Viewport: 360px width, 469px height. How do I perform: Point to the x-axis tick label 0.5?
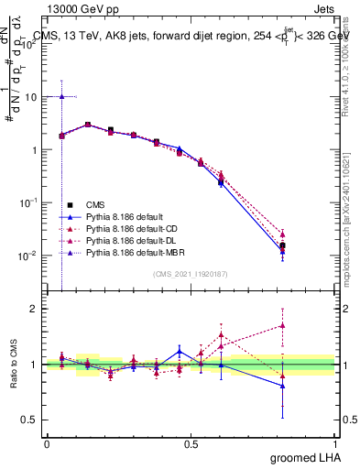(191, 442)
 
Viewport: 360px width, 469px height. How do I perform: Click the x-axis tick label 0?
(47, 442)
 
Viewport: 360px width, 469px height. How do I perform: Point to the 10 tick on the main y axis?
(31, 96)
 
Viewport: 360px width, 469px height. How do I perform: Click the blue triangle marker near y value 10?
(61, 96)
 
